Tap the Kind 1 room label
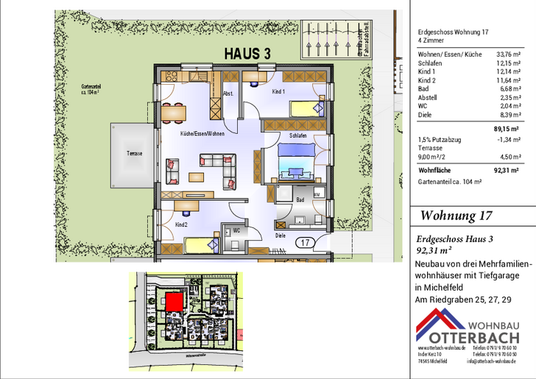pyautogui.click(x=278, y=91)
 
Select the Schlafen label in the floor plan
pyautogui.click(x=298, y=136)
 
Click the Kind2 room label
pyautogui.click(x=181, y=224)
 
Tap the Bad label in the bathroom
pyautogui.click(x=300, y=199)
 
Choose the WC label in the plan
pyautogui.click(x=237, y=230)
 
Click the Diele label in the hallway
pyautogui.click(x=281, y=235)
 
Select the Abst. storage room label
pyautogui.click(x=228, y=93)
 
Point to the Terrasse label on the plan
pyautogui.click(x=134, y=153)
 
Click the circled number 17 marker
pyautogui.click(x=304, y=241)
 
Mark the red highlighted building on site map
pyautogui.click(x=173, y=302)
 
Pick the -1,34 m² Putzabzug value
pyautogui.click(x=509, y=138)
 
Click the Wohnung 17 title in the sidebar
pyautogui.click(x=456, y=216)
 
